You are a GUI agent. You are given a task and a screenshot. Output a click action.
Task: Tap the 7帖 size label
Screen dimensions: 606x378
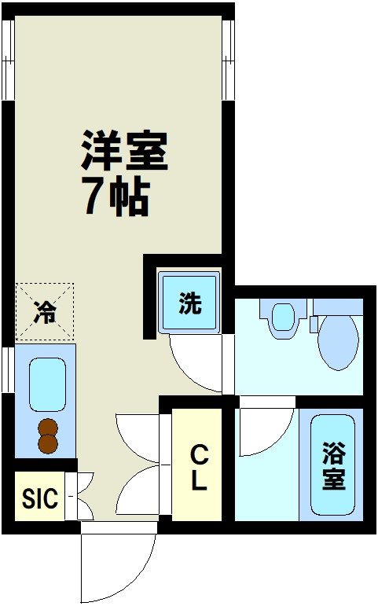click(x=116, y=196)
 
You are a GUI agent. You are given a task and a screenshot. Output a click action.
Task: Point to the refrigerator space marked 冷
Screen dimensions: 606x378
click(x=44, y=312)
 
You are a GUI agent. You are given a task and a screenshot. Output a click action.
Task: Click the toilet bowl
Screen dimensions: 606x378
click(x=338, y=343)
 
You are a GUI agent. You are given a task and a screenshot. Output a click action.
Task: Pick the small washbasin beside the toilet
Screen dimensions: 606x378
click(x=281, y=318)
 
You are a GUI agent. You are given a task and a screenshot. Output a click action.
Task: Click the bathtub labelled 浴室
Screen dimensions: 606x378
click(x=332, y=465)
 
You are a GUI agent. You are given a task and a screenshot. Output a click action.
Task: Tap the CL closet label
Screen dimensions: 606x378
click(x=199, y=468)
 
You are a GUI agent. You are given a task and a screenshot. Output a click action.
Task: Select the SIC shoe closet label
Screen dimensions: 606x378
click(x=39, y=498)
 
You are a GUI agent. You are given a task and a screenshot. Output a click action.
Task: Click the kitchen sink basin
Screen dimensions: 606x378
click(x=46, y=384)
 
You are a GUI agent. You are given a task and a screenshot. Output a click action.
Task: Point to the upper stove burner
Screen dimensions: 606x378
click(x=49, y=429)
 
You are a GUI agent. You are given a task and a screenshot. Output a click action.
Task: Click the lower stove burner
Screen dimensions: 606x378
click(x=49, y=445)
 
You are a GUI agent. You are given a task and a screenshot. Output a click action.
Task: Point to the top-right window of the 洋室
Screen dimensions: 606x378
click(x=228, y=59)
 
